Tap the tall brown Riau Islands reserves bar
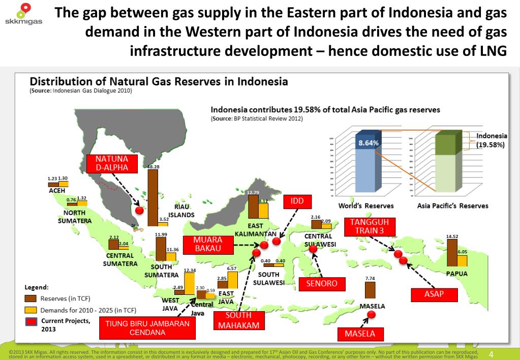point(152,197)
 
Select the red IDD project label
point(297,201)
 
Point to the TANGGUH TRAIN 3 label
point(370,226)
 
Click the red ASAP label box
point(434,294)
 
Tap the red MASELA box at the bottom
point(360,334)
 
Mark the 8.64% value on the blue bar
point(369,143)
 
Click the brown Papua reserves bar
point(451,252)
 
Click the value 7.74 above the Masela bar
point(370,278)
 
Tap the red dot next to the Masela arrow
point(371,315)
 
